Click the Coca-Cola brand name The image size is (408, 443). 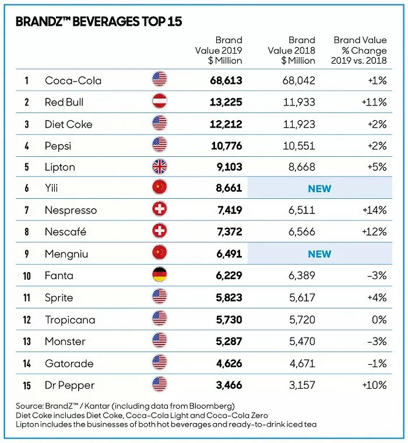[73, 80]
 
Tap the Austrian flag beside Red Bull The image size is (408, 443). [159, 102]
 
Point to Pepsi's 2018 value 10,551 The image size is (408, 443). [295, 146]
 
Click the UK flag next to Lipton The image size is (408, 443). [159, 167]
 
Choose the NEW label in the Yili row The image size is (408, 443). [319, 189]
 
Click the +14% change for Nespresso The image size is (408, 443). [374, 210]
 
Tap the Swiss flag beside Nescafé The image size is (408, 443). [159, 232]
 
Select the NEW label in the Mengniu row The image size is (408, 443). [319, 254]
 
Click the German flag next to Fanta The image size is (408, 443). [159, 276]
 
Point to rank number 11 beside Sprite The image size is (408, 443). [27, 298]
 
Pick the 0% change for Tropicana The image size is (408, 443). [379, 319]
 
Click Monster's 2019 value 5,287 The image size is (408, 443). [226, 341]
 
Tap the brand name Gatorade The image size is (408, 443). [69, 363]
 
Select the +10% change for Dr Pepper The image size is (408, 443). [374, 385]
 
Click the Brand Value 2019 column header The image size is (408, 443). [219, 50]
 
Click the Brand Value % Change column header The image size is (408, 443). [359, 50]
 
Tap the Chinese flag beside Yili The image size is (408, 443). [159, 189]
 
